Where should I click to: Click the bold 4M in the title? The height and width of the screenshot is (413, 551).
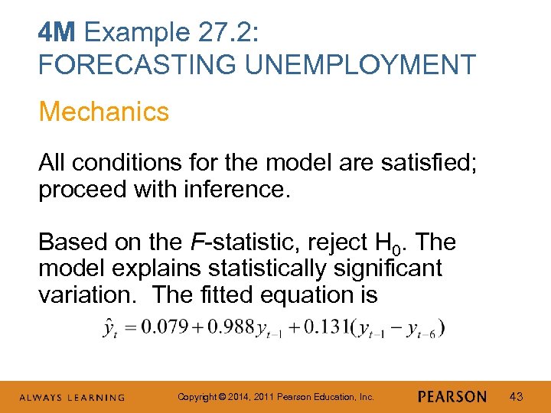click(57, 33)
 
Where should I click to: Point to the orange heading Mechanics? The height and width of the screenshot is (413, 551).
click(103, 112)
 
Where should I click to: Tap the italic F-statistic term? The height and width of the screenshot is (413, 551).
click(237, 243)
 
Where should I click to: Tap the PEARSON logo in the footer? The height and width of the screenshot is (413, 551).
click(452, 397)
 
